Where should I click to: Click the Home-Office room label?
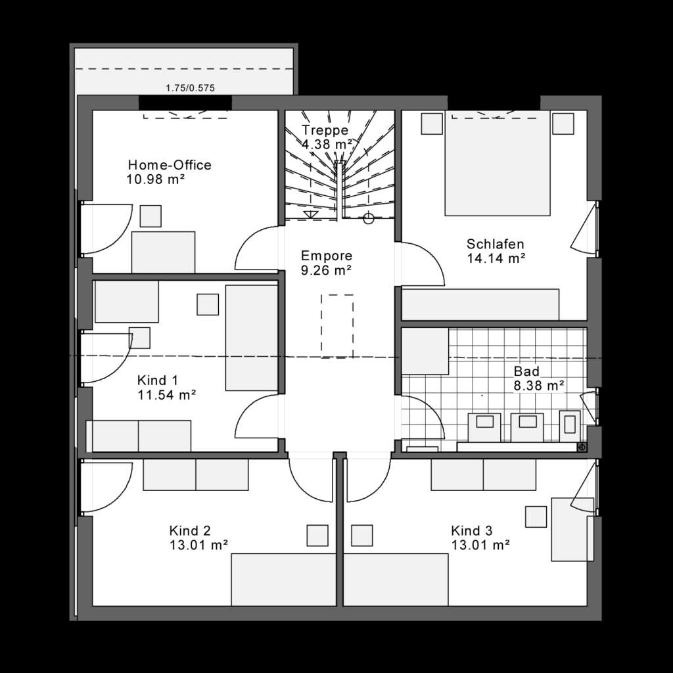point(170,165)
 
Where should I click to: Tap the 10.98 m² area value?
point(155,178)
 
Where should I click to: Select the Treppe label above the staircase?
point(325,129)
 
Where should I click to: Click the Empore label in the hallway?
point(327,256)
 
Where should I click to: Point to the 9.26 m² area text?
point(326,269)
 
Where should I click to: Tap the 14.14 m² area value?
point(496,258)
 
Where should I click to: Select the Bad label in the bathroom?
point(526,372)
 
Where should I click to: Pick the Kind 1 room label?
point(158,381)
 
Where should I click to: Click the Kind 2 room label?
point(190,530)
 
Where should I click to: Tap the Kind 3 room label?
point(472,530)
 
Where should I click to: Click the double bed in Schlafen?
point(497,164)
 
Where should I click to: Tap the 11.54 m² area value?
point(167,395)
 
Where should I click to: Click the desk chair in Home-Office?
point(151,216)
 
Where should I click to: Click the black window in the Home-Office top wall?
point(185,103)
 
